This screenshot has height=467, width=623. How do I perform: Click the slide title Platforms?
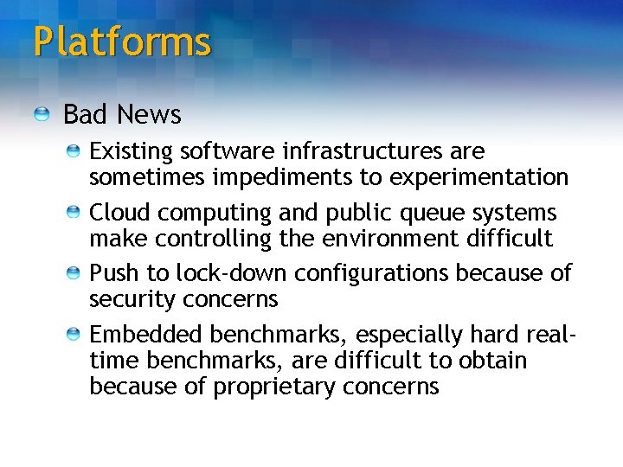122,42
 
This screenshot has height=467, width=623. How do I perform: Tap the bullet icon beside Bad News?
42,114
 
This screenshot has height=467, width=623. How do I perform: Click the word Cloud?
118,213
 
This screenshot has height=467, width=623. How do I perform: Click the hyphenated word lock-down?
231,273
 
